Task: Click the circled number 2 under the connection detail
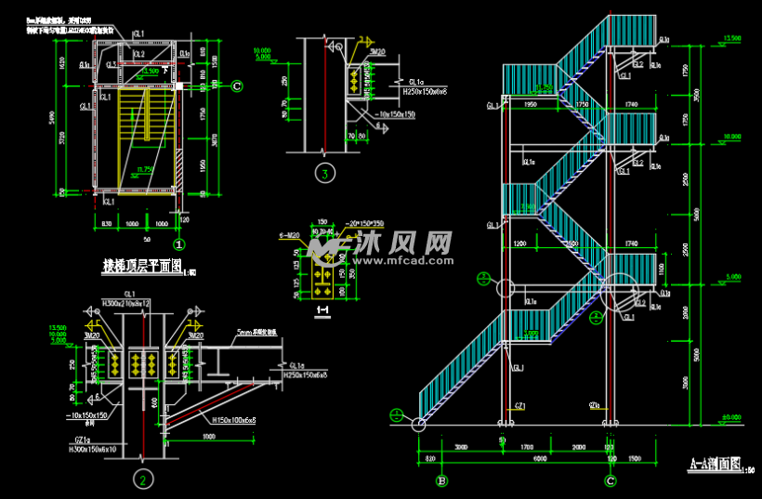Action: point(142,479)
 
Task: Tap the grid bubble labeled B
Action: point(441,480)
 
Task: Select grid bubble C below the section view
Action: point(610,480)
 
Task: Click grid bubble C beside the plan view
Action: point(237,86)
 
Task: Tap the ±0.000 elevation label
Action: point(732,417)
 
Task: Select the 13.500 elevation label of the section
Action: point(732,38)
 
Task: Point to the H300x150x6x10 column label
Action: point(94,450)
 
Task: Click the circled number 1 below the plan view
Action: point(179,244)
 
